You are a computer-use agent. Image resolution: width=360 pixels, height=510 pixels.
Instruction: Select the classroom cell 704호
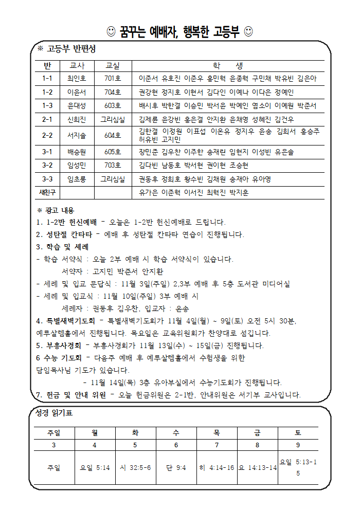112,92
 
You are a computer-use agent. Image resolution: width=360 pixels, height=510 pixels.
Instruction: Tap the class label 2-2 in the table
47,135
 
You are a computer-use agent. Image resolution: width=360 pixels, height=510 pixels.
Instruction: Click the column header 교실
112,66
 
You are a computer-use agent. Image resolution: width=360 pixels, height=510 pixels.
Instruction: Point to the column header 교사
77,66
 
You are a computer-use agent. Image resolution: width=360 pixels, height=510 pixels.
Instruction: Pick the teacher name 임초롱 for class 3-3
77,179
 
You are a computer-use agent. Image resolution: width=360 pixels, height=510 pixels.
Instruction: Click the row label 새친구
47,192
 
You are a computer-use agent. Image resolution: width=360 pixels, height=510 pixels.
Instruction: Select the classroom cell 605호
112,152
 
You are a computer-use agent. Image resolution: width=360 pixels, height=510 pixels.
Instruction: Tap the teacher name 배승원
77,152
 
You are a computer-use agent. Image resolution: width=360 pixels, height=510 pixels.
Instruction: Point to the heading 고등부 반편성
70,49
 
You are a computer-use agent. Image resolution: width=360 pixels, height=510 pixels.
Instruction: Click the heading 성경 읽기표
55,413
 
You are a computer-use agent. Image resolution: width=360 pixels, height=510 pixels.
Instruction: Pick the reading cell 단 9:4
176,468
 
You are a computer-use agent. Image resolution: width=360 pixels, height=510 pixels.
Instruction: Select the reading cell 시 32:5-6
135,468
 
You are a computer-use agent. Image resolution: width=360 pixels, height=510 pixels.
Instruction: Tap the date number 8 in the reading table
257,445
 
